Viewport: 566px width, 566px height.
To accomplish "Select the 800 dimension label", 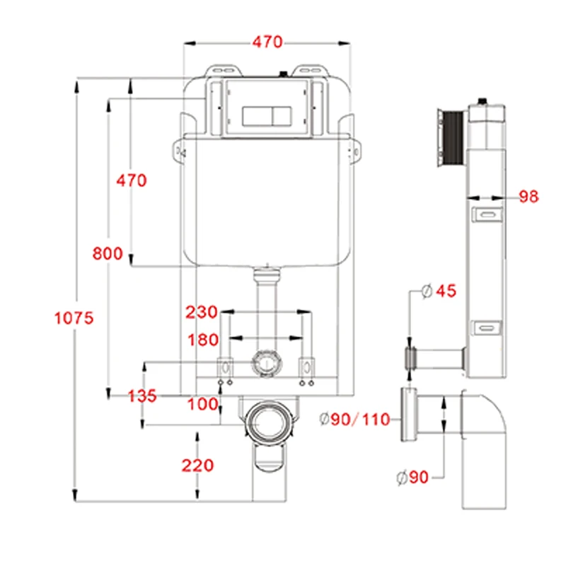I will point(108,253).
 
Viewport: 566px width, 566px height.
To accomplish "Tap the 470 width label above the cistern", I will point(267,42).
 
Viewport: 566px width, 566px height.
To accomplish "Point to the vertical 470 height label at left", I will point(132,180).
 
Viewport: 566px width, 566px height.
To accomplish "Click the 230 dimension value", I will point(202,312).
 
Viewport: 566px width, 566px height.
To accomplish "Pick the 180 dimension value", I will point(203,340).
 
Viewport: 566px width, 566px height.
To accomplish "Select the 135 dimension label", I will point(142,396).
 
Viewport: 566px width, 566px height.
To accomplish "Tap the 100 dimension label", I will point(203,404).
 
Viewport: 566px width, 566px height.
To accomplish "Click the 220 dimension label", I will point(197,465).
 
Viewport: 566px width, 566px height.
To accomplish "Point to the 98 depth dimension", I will point(528,197).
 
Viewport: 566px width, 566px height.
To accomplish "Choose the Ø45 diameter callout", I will point(439,291).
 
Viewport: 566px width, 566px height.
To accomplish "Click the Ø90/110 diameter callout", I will point(355,420).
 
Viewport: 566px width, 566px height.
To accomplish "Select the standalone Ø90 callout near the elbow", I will point(412,478).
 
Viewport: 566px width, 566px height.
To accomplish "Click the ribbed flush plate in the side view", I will point(449,137).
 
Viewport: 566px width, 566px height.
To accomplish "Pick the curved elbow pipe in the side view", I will point(488,439).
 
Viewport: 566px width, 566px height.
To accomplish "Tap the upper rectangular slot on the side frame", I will point(487,214).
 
